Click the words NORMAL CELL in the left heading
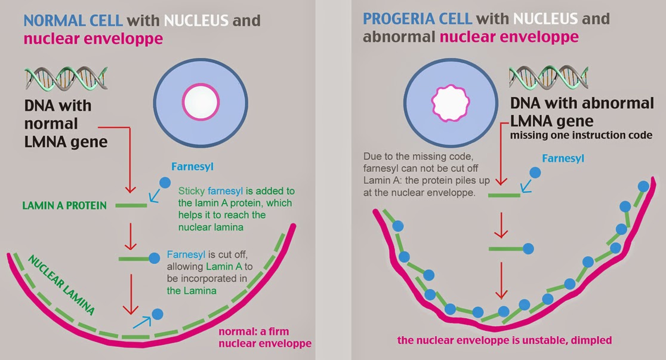73,20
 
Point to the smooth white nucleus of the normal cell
202,102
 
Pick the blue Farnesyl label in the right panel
563,158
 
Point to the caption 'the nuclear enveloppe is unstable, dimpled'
504,341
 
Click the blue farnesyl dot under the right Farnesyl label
535,173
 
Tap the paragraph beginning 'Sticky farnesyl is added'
236,209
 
